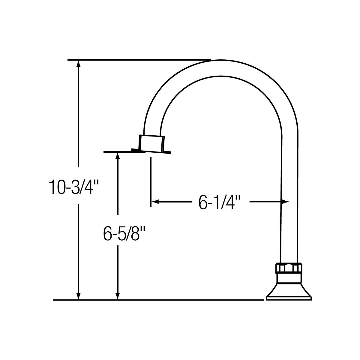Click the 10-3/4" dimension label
tap(73, 187)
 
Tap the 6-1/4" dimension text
tap(220, 202)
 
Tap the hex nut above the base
tap(289, 268)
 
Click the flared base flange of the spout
tap(289, 291)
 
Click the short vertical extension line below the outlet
tap(150, 181)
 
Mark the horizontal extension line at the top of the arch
tap(139, 60)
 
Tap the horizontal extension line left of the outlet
tap(120, 152)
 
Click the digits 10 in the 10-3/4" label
tap(56, 187)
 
